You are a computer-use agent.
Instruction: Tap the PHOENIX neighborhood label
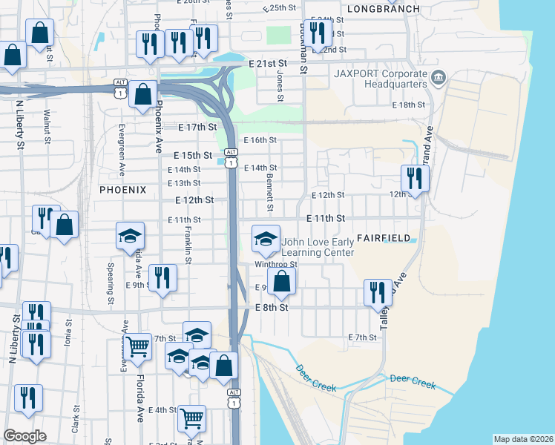click(122, 190)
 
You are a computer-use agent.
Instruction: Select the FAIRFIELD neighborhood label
click(384, 238)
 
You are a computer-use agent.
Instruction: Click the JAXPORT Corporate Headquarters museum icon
click(439, 76)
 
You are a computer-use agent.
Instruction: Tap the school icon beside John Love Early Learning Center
click(266, 239)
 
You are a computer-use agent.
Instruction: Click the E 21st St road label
click(273, 64)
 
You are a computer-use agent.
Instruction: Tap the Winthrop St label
click(275, 264)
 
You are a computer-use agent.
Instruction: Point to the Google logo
click(24, 435)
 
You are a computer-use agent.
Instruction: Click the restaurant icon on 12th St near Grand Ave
click(414, 178)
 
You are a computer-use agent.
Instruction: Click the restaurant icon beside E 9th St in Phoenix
click(162, 277)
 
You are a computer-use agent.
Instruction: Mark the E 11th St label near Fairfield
click(326, 219)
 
